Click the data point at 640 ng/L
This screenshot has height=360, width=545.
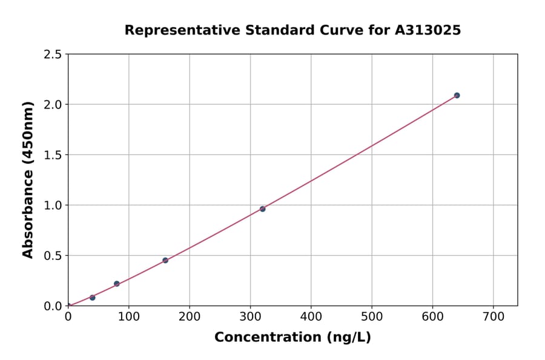pos(457,95)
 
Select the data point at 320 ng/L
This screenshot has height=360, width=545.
pos(262,209)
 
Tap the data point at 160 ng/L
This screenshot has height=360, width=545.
pos(165,261)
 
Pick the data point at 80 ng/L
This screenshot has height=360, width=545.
pos(117,284)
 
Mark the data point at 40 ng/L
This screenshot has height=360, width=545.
pos(92,298)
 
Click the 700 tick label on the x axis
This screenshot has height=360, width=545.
pos(493,316)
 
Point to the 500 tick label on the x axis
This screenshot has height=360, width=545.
pos(372,316)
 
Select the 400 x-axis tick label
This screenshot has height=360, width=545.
pos(311,316)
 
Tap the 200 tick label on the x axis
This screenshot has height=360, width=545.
pos(190,316)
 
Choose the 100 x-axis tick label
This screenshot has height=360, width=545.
pos(129,316)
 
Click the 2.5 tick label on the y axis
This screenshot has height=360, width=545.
pos(53,55)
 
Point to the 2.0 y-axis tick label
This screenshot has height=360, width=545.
pos(53,105)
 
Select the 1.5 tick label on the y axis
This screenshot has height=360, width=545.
pos(53,155)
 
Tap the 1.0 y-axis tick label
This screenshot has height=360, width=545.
pos(53,205)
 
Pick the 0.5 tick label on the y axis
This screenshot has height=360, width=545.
pos(53,256)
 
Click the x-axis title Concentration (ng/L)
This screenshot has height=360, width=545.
pos(292,337)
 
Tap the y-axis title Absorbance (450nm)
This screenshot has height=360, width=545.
pos(28,180)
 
